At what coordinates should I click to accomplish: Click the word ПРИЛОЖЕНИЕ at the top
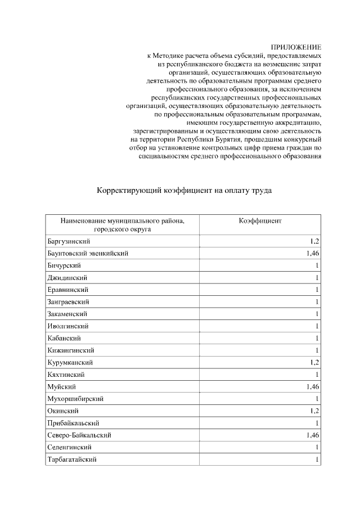(297, 48)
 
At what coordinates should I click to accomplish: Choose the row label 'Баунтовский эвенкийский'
(88, 254)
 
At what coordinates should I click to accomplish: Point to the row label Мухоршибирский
(75, 399)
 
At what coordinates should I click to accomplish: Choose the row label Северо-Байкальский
(79, 435)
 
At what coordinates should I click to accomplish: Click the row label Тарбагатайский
(73, 460)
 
